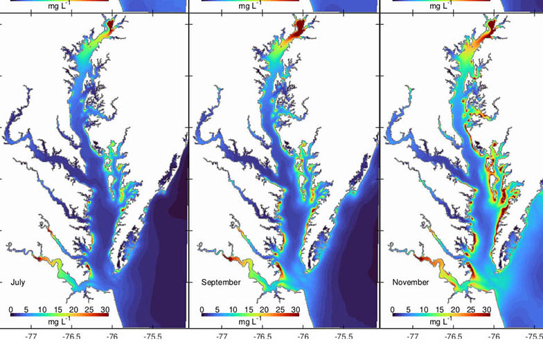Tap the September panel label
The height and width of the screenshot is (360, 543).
click(x=221, y=282)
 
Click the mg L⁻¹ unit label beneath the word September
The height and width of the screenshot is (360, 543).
click(x=248, y=322)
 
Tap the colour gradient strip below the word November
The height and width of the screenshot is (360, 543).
click(x=440, y=315)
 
